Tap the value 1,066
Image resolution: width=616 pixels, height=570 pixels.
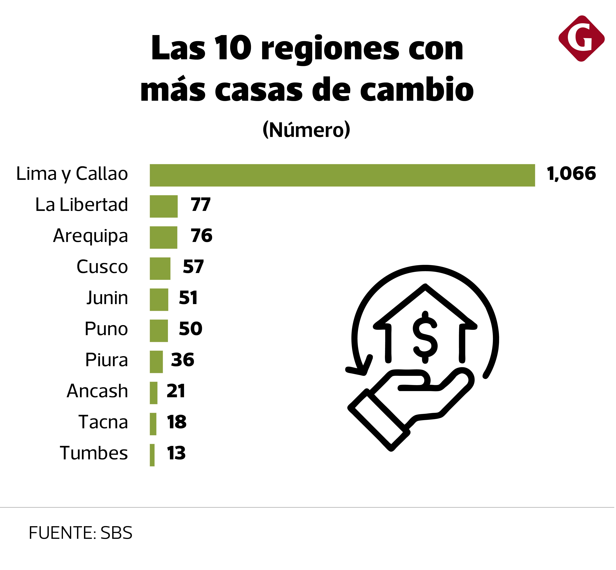[571, 174]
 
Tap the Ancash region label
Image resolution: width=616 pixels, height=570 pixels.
[97, 391]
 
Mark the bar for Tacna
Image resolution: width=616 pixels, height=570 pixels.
[153, 424]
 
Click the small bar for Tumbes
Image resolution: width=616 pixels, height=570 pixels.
[152, 455]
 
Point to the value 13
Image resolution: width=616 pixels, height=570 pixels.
[176, 453]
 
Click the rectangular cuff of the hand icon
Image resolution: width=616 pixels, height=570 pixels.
[379, 419]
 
